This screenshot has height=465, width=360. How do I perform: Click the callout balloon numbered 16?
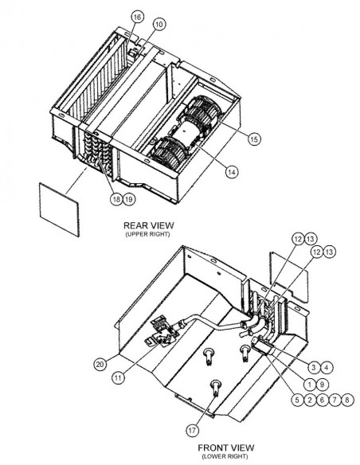[x=137, y=18]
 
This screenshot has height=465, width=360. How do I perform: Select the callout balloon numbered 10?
[x=159, y=25]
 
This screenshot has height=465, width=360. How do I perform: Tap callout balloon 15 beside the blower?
[x=254, y=139]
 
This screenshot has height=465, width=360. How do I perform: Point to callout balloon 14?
[x=232, y=172]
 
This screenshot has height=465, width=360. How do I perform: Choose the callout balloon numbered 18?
[x=116, y=199]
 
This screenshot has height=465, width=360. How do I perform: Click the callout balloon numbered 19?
[x=129, y=199]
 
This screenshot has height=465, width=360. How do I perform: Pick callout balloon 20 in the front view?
[x=100, y=364]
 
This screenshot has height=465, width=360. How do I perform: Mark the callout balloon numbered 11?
[x=119, y=377]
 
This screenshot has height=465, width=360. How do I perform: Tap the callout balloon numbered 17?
[x=192, y=430]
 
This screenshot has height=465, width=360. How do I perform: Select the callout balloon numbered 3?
[x=314, y=368]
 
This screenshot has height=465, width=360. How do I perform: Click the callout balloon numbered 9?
[x=322, y=385]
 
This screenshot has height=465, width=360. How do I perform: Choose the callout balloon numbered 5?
[x=297, y=400]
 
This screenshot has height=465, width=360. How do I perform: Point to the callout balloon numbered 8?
[x=347, y=400]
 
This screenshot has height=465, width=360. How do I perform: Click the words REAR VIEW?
[x=149, y=225]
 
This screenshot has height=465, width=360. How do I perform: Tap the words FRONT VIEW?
[x=226, y=447]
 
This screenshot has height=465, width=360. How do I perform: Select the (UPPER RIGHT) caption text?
[x=147, y=234]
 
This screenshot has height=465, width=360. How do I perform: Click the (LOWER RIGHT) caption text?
[x=225, y=456]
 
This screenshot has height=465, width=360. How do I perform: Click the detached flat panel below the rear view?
[x=59, y=209]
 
